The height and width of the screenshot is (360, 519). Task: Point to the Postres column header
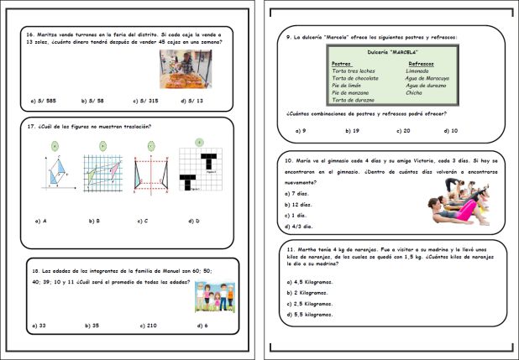pos(341,63)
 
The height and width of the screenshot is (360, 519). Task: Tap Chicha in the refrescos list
pos(416,92)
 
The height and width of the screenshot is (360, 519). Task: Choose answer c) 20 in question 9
pos(401,131)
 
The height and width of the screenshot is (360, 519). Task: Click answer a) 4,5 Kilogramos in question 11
pos(309,281)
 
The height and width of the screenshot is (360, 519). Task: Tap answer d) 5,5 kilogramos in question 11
pos(309,314)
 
